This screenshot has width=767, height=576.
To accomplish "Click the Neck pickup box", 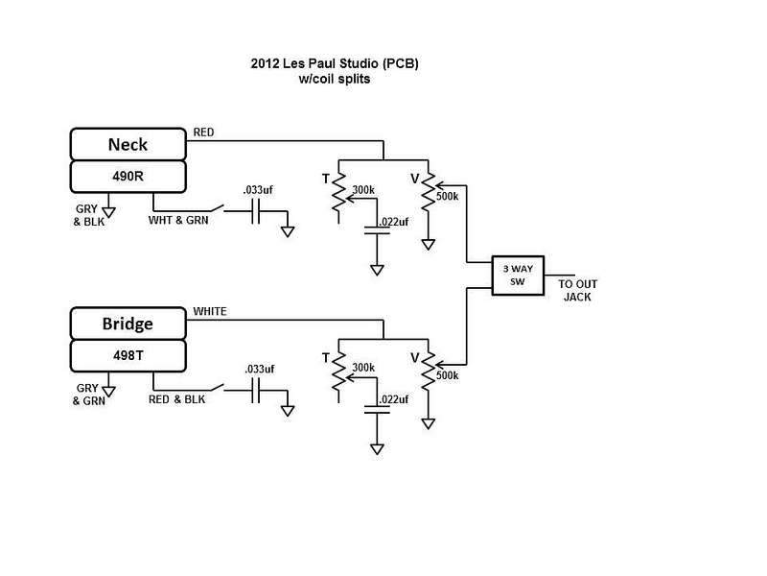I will coord(128,145).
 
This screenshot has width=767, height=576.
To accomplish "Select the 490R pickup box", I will coord(128,176).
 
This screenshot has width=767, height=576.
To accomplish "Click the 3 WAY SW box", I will coord(517,275).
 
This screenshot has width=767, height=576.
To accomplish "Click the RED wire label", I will coord(204,132).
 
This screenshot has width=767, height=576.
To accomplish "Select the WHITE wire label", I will coord(210,312).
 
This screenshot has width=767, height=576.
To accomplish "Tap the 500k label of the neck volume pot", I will coord(447,197).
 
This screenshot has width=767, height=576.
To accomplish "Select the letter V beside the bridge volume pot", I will coord(415,357).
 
